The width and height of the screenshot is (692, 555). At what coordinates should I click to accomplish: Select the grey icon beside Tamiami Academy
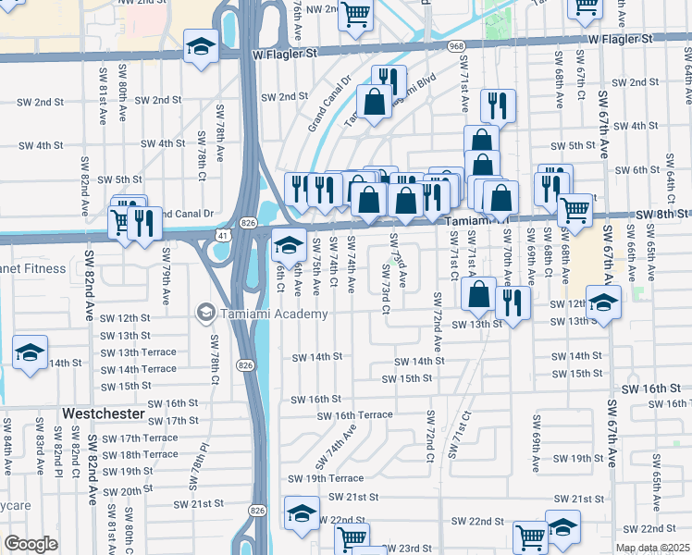(203, 314)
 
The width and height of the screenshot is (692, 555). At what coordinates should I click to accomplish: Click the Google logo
(31, 543)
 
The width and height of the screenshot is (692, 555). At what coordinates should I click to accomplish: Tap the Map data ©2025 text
(652, 548)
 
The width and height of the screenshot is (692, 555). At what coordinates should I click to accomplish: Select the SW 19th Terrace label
(326, 478)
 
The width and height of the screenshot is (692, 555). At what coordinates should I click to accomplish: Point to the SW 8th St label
(661, 215)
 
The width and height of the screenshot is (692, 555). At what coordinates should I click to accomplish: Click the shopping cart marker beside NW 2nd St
(355, 14)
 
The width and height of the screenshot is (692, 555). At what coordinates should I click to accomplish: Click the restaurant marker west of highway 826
(143, 222)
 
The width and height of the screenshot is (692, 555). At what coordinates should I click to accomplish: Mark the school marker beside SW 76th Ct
(289, 245)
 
